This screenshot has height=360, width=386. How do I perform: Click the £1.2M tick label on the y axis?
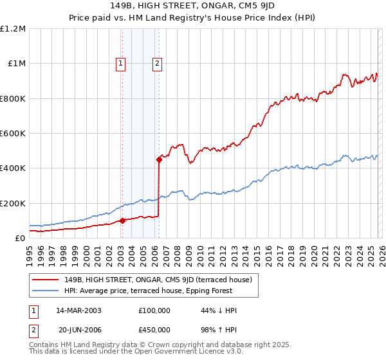13,29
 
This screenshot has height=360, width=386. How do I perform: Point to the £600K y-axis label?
13,134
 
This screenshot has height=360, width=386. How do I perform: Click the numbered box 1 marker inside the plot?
121,63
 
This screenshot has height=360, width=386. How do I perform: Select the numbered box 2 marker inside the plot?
156,63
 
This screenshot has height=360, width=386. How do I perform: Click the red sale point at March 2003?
122,221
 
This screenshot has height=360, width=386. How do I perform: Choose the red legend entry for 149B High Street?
161,280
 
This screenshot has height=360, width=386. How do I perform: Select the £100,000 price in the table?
154,310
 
